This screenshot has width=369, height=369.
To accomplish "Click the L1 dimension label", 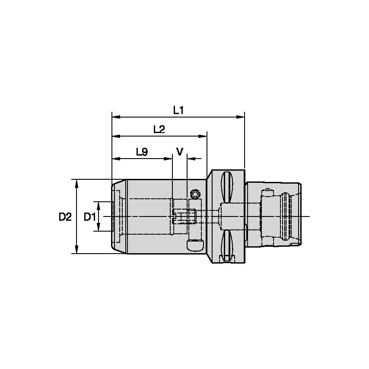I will pos(178,110).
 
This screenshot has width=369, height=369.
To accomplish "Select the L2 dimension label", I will pos(159,129).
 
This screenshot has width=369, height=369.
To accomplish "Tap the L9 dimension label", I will pos(142,152).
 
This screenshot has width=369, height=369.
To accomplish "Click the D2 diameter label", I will pos(65,217).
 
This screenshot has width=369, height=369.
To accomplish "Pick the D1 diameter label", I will pos(89,217).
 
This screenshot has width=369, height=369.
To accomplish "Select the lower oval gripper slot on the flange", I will pos(227,245).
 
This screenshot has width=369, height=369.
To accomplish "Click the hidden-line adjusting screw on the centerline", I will pos(184,216).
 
